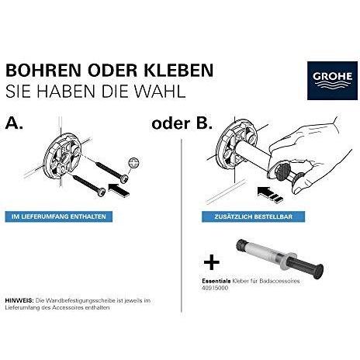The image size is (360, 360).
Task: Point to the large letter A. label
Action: click(15, 123)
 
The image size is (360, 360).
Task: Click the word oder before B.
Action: click(171, 123)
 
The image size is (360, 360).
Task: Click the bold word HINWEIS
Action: click(19, 299)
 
